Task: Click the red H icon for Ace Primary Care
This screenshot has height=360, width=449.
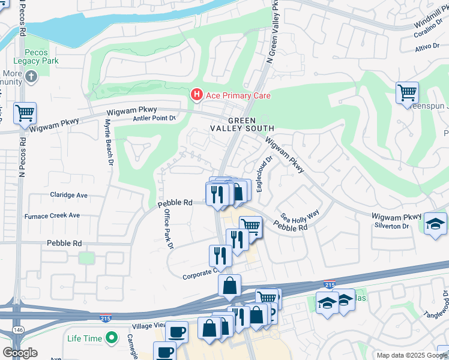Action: [x=196, y=95]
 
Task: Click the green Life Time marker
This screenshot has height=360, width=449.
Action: [x=110, y=338]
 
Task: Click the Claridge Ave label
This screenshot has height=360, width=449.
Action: [x=69, y=195]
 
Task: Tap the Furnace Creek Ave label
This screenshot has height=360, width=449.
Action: [x=52, y=215]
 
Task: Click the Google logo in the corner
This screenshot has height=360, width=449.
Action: [x=20, y=353]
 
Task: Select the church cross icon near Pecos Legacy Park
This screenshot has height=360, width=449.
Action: [x=31, y=76]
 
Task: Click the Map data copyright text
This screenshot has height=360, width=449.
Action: [x=412, y=355]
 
